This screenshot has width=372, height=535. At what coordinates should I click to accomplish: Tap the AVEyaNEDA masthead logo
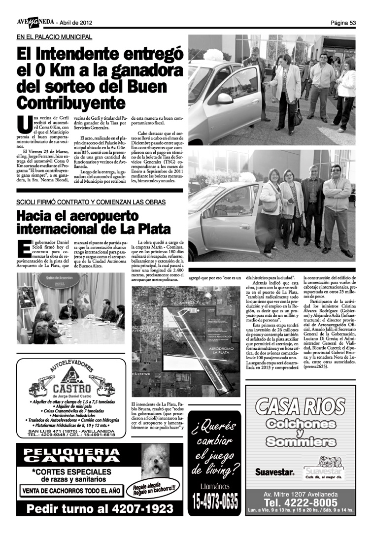[x=35, y=23]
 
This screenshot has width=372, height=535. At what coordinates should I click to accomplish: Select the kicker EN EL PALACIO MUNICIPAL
[x=54, y=37]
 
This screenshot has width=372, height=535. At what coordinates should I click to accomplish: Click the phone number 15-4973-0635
[x=215, y=503]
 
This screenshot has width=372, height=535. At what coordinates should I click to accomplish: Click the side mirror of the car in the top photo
[x=225, y=98]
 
